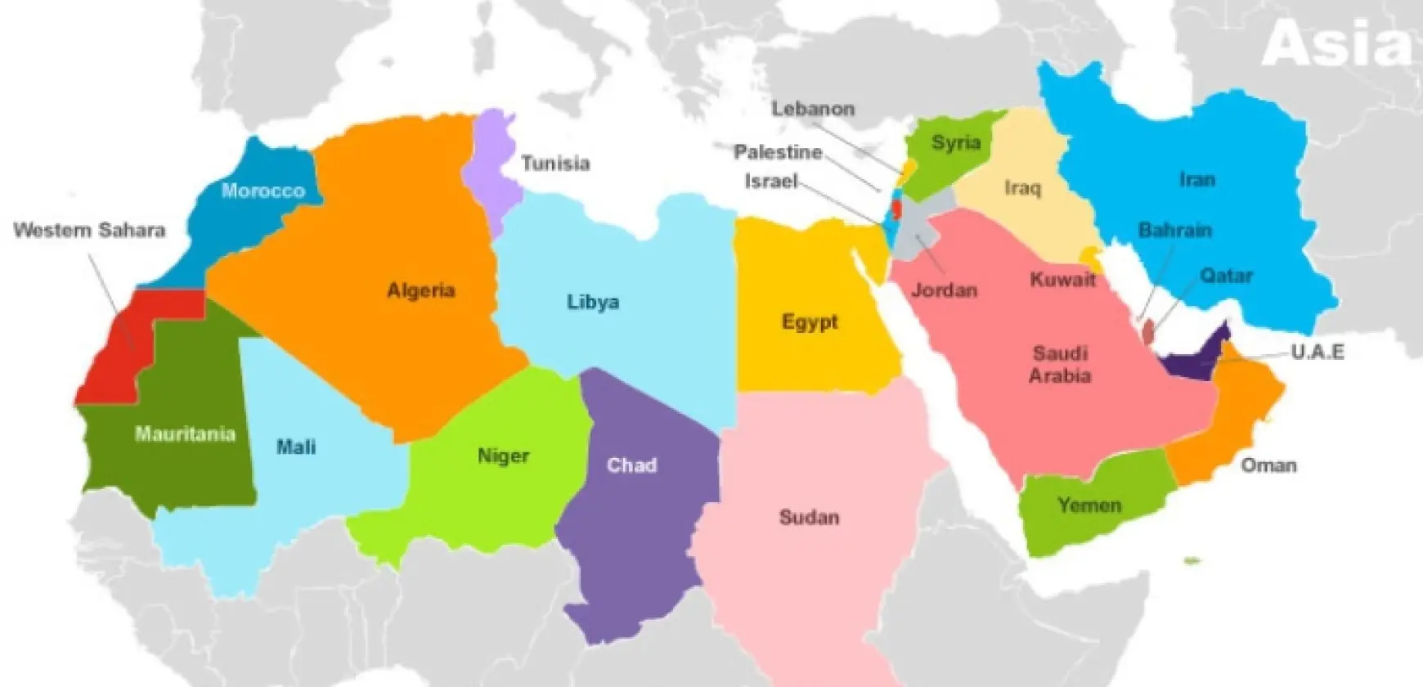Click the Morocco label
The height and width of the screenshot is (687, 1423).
(x=263, y=191)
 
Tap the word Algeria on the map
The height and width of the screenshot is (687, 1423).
(x=421, y=290)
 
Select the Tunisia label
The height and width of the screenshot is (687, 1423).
(x=555, y=164)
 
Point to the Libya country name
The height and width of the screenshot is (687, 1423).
(x=593, y=302)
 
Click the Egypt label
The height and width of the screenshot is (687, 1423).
(x=810, y=321)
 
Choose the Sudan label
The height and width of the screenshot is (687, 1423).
(x=809, y=517)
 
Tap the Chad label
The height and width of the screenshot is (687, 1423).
(x=631, y=465)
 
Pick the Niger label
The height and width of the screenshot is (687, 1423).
(x=503, y=456)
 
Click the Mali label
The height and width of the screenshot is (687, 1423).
(x=296, y=447)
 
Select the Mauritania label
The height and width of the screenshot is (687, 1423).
(x=185, y=433)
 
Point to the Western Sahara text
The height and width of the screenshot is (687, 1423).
(x=89, y=230)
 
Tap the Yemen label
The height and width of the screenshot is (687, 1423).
(x=1089, y=505)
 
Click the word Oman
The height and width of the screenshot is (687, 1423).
(x=1268, y=465)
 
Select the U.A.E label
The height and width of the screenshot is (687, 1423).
(x=1318, y=352)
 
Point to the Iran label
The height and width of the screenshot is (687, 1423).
(x=1196, y=179)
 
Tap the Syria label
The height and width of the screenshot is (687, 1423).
(x=956, y=142)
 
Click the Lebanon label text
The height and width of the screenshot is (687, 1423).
(x=813, y=109)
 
